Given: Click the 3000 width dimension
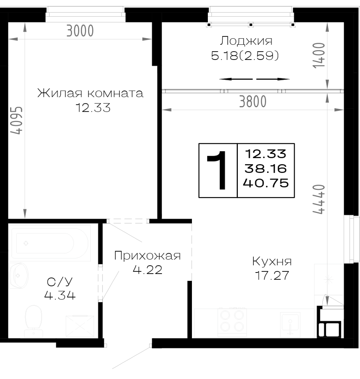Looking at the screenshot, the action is tap(80, 31).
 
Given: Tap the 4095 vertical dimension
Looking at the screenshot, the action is tap(17, 120).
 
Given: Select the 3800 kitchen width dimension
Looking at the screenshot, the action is tap(253, 102).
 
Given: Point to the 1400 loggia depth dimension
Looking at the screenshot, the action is tap(319, 55).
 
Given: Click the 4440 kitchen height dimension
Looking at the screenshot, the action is tap(319, 199).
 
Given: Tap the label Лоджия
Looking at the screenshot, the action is tap(246, 41).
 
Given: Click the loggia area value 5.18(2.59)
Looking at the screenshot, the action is tap(245, 56).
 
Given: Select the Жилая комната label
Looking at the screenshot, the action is tap(90, 93).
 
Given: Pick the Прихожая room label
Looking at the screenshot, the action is tap(147, 256).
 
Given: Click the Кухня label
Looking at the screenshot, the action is tap(272, 261).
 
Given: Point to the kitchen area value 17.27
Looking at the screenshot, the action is tap(272, 276).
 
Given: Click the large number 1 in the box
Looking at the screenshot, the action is tap(217, 170).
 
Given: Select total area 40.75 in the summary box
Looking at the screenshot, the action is tap(266, 183).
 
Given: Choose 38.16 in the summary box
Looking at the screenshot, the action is tap(266, 169).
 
